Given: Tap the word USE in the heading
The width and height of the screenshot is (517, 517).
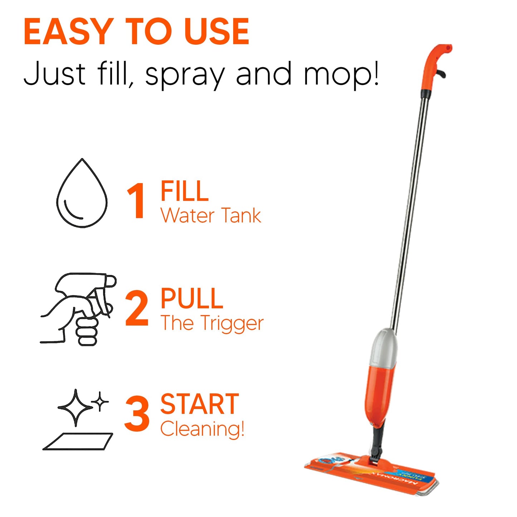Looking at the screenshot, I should click(x=216, y=32).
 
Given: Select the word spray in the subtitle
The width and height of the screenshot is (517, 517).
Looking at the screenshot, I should click(x=185, y=74).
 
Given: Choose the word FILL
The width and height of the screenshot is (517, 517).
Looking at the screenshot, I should click(x=184, y=191).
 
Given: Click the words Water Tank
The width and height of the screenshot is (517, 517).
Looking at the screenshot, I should click(x=211, y=216).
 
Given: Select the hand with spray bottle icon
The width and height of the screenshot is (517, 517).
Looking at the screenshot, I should click(x=79, y=309).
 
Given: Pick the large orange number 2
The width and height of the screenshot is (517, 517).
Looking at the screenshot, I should click(x=137, y=308).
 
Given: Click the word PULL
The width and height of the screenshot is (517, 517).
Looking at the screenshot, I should click(x=192, y=298).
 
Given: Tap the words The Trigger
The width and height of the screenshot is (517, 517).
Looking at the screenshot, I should click(x=212, y=323).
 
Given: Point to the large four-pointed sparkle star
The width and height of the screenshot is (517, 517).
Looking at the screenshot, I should click(x=75, y=408).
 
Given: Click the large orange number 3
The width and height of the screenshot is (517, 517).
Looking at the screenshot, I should click(x=137, y=414).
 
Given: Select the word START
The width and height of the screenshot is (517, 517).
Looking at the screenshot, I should click(x=200, y=404).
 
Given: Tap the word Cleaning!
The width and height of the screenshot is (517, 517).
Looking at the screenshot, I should click(x=202, y=429).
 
